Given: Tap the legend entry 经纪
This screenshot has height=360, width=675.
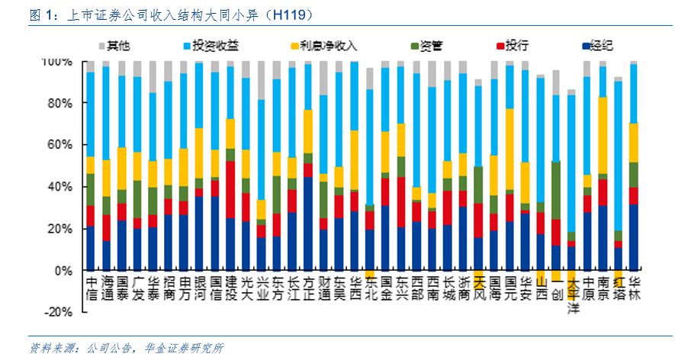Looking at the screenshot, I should click(603, 46).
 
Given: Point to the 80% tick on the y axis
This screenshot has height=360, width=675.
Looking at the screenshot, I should click(58, 103).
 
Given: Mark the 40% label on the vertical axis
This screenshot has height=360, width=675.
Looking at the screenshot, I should click(58, 187).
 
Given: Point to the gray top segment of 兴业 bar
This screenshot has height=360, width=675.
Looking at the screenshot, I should click(261, 80).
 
